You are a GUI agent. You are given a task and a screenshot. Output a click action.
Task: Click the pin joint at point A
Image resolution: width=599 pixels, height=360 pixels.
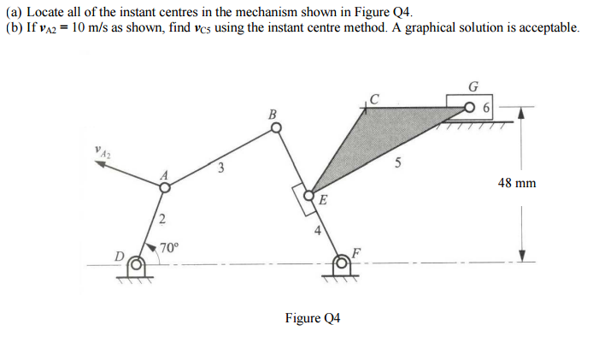(165, 187)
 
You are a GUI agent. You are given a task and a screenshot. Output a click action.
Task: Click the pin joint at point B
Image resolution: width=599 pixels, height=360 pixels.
(276, 127)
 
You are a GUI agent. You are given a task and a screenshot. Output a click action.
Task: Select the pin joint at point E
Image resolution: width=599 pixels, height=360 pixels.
(308, 196)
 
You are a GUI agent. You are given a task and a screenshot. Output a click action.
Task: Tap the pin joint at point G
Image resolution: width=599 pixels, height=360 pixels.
(470, 107)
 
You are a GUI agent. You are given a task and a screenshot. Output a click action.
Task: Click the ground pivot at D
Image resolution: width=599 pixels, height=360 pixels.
(136, 268)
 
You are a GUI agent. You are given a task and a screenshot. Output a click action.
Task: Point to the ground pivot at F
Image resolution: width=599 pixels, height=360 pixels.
(341, 267)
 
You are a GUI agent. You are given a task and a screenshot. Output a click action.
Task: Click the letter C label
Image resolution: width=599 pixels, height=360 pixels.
(374, 99)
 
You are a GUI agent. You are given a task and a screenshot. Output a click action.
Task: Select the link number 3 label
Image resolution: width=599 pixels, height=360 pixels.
(220, 168)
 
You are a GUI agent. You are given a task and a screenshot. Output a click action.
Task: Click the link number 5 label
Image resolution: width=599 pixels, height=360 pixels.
(397, 162)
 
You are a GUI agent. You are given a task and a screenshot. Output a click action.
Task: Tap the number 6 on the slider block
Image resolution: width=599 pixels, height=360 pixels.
(486, 108)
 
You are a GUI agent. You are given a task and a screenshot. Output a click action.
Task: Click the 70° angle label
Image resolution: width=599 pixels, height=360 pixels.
(169, 248)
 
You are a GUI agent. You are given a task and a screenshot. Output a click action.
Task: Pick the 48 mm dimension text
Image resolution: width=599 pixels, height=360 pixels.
(517, 183)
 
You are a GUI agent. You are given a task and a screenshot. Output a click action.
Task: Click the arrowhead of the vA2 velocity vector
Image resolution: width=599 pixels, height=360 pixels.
(101, 163)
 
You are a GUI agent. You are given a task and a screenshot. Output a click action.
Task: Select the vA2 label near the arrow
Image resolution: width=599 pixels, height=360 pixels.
(103, 151)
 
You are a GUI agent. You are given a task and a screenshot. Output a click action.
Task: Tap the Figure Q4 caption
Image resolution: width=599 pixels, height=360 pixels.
(313, 318)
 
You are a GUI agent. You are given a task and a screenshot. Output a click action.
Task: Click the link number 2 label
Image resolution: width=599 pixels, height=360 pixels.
(162, 220)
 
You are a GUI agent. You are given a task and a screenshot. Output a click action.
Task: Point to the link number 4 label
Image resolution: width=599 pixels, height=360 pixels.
(318, 230)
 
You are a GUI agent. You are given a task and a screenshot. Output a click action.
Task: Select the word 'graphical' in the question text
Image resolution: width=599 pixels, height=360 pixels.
(430, 28)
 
